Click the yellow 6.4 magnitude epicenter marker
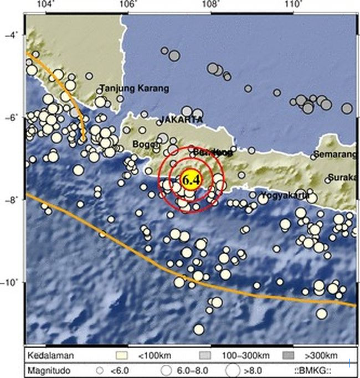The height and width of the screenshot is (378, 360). point(190,179)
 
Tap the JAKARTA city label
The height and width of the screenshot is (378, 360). point(181,120)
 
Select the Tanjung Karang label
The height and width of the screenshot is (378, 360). point(135,88)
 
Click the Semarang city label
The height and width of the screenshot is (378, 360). point(334,153)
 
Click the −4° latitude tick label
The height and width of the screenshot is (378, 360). point(11,35)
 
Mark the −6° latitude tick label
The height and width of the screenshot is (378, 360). point(11,118)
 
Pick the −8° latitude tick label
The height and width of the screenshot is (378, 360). point(11,200)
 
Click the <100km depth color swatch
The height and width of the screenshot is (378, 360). point(120,355)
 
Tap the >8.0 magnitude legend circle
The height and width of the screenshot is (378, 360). point(233,369)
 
